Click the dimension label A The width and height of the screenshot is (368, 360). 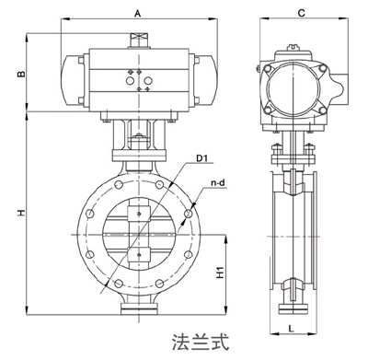coord(138,14)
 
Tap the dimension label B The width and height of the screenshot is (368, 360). coord(20,74)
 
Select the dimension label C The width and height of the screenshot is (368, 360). coord(302,13)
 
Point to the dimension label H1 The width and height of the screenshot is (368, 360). coord(221,273)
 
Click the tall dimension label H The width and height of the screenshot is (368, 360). coord(20,213)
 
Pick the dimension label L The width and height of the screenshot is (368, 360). coord(292,329)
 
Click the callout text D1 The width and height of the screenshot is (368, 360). coord(202,158)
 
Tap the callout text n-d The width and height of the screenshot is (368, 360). coord(218,183)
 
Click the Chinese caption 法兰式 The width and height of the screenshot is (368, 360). coord(201,343)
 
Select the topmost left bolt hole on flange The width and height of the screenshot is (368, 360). coord(118,184)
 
